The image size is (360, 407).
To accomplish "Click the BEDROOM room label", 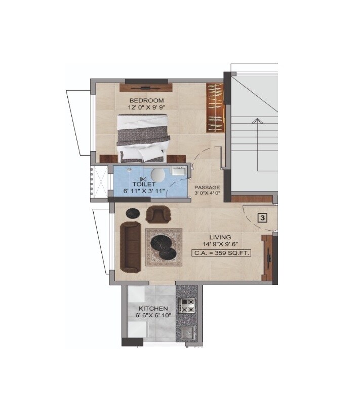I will point(146,99).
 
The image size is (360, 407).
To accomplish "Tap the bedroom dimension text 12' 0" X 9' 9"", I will point(147,107).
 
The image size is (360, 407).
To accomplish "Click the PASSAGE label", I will point(207,188).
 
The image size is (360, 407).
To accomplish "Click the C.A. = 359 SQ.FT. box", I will point(221,253).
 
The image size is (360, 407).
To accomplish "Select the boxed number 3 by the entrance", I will point(263,218).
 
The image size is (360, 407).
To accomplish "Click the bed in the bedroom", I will point(143,137).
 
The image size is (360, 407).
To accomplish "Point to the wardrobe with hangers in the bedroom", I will point(215,107).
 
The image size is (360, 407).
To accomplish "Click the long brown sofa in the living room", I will point(130,246).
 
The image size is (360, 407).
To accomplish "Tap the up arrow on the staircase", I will point(257,122).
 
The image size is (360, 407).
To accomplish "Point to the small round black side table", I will point(133,213).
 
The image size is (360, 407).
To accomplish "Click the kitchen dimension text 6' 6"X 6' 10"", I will point(153,315).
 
